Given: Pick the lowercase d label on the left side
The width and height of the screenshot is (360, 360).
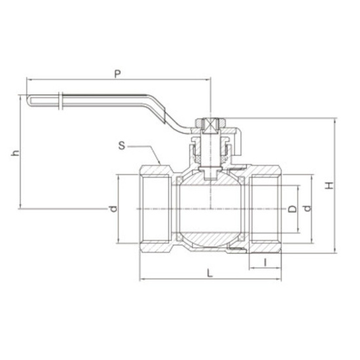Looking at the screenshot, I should pos(113,209).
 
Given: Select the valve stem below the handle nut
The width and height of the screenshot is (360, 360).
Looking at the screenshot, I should pos(211,154).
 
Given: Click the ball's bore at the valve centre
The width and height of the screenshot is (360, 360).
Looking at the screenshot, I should pos(211,208).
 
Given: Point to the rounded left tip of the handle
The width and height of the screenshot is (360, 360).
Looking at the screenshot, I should pos(30,99).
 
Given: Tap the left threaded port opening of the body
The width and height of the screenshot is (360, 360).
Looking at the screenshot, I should pos(156,208).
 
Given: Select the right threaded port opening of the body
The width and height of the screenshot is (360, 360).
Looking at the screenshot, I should pos(265,208).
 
